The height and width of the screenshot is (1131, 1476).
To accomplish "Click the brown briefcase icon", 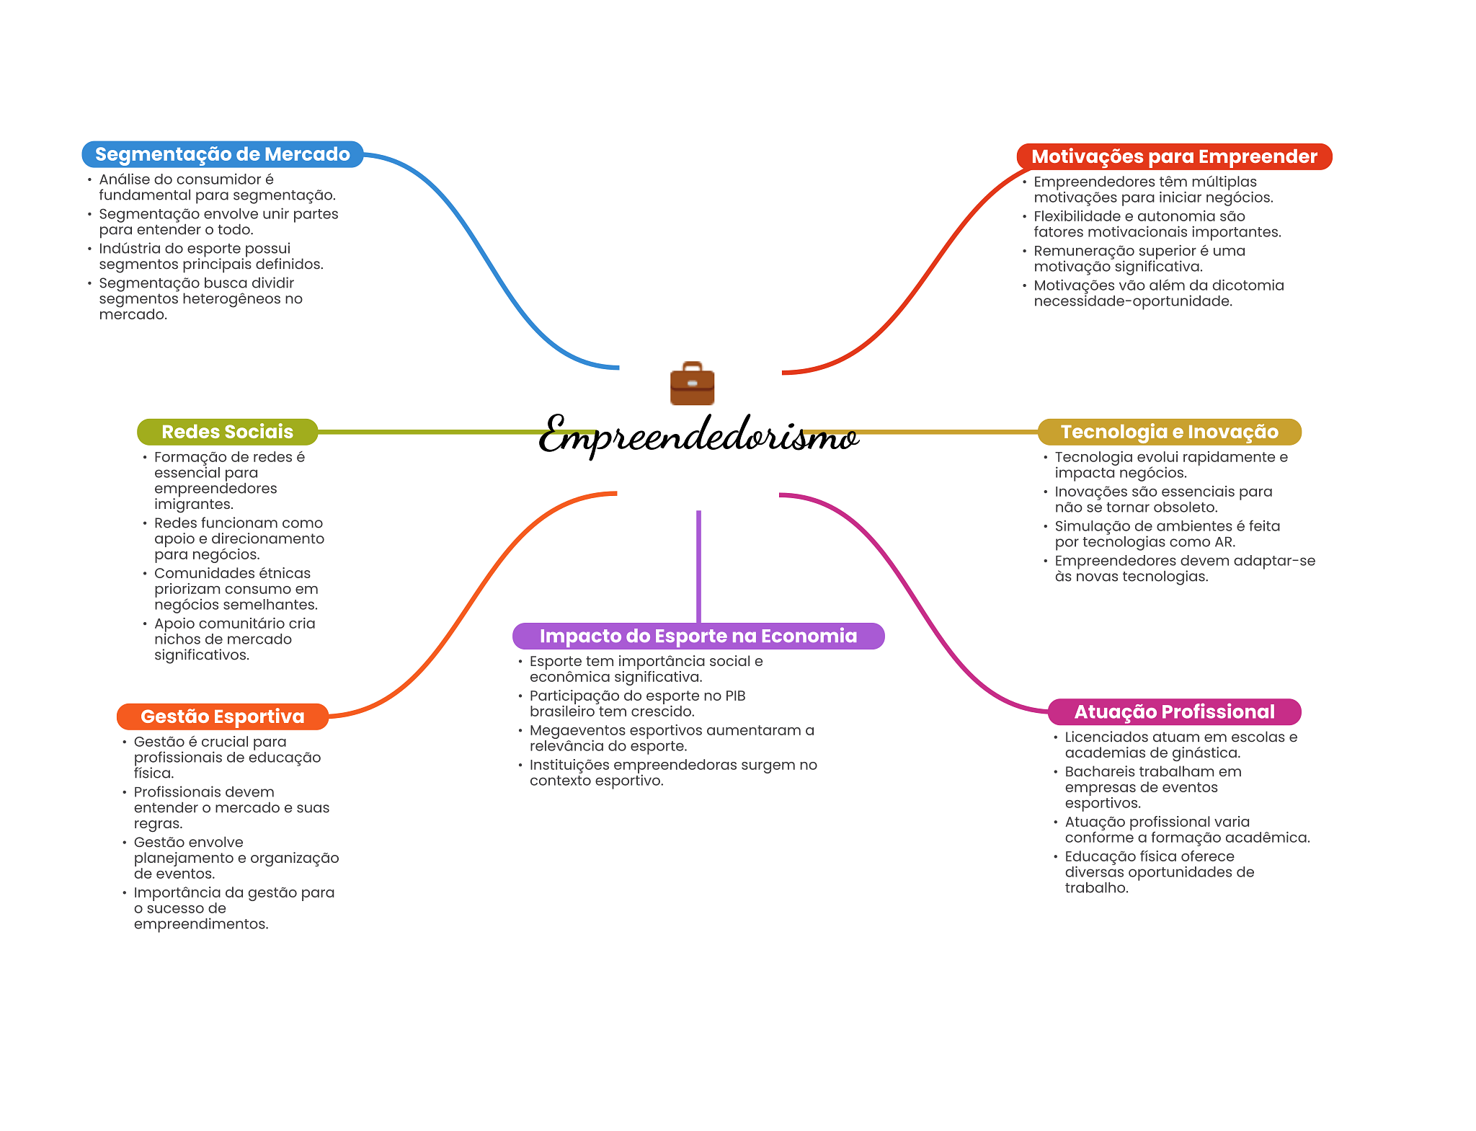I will pos(692,383).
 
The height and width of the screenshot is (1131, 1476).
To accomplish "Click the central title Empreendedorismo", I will pos(698,435).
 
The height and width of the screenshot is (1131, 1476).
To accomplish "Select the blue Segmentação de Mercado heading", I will pos(222,154).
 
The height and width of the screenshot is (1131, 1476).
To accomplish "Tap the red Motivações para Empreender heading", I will pos(1173,156).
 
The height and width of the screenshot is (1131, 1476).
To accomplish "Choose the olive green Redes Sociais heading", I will pos(227,432).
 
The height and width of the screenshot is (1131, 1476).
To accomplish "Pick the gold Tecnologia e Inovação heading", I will pos(1169,432).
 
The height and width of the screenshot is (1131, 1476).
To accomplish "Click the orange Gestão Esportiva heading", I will pos(222,717).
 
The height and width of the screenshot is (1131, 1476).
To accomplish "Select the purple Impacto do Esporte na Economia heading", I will pos(698,636).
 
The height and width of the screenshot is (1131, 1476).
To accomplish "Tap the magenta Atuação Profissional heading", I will pos(1174,712).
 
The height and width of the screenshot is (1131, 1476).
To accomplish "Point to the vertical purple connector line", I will pos(698,566).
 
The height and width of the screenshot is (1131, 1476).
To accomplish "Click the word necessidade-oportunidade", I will pos(1132,301).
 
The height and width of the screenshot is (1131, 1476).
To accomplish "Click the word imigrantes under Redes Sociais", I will pos(193,505).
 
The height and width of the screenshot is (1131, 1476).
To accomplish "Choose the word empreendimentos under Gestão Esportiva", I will pos(200,924).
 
